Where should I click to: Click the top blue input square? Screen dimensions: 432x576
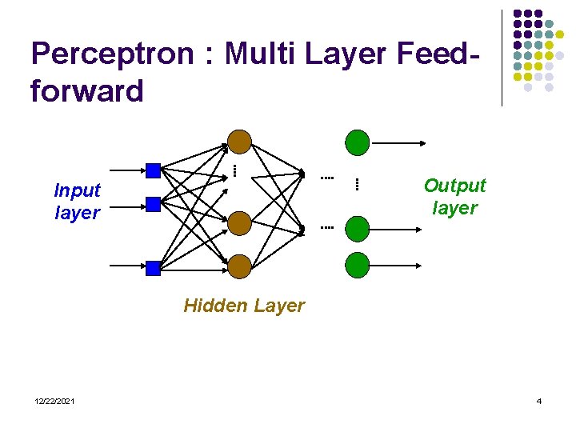153,170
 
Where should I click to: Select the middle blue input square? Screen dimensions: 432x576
153,204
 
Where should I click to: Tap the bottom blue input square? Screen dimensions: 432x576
153,266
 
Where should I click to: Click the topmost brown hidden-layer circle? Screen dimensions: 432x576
239,142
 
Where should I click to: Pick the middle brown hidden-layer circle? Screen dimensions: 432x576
239,223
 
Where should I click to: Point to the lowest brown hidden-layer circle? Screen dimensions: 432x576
239,266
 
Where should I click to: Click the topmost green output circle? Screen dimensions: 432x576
357,142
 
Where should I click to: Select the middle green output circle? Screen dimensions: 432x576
357,228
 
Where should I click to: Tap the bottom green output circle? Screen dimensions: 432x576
357,264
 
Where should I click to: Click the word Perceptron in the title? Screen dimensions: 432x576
112,54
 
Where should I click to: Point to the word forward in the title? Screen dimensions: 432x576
86,91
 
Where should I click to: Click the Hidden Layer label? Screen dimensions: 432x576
244,306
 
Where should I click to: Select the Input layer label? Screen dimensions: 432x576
77,202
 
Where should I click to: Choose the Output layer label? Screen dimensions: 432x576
454,197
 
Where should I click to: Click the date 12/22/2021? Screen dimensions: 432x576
55,401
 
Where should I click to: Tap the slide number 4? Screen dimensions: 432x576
538,401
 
